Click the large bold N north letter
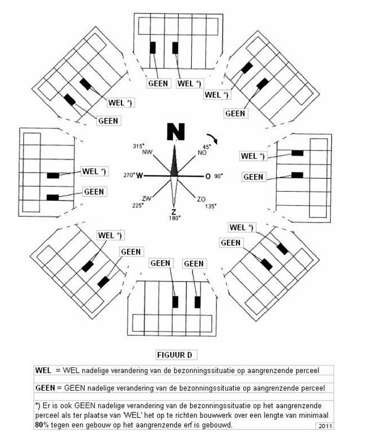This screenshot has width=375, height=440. (176, 132)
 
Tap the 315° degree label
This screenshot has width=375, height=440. (139, 146)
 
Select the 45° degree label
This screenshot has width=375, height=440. (207, 147)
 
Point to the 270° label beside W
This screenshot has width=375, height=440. (129, 176)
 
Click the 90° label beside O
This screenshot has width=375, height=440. (218, 176)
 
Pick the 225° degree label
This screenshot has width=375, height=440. (138, 205)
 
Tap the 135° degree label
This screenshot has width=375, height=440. (211, 206)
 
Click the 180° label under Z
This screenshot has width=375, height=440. (174, 218)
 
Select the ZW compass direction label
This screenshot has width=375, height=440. (147, 198)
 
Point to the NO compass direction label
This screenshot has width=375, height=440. (202, 153)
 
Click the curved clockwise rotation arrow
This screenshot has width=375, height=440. (213, 139)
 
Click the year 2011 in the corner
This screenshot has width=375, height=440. (325, 426)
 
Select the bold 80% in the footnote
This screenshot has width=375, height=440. (42, 425)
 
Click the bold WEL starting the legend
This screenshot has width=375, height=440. (43, 370)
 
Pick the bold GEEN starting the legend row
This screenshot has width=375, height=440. (45, 388)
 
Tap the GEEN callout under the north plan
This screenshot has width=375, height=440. (158, 83)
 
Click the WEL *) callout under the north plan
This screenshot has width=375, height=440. (189, 83)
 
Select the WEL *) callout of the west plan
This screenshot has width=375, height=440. (94, 171)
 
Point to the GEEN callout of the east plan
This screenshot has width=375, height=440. (253, 177)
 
